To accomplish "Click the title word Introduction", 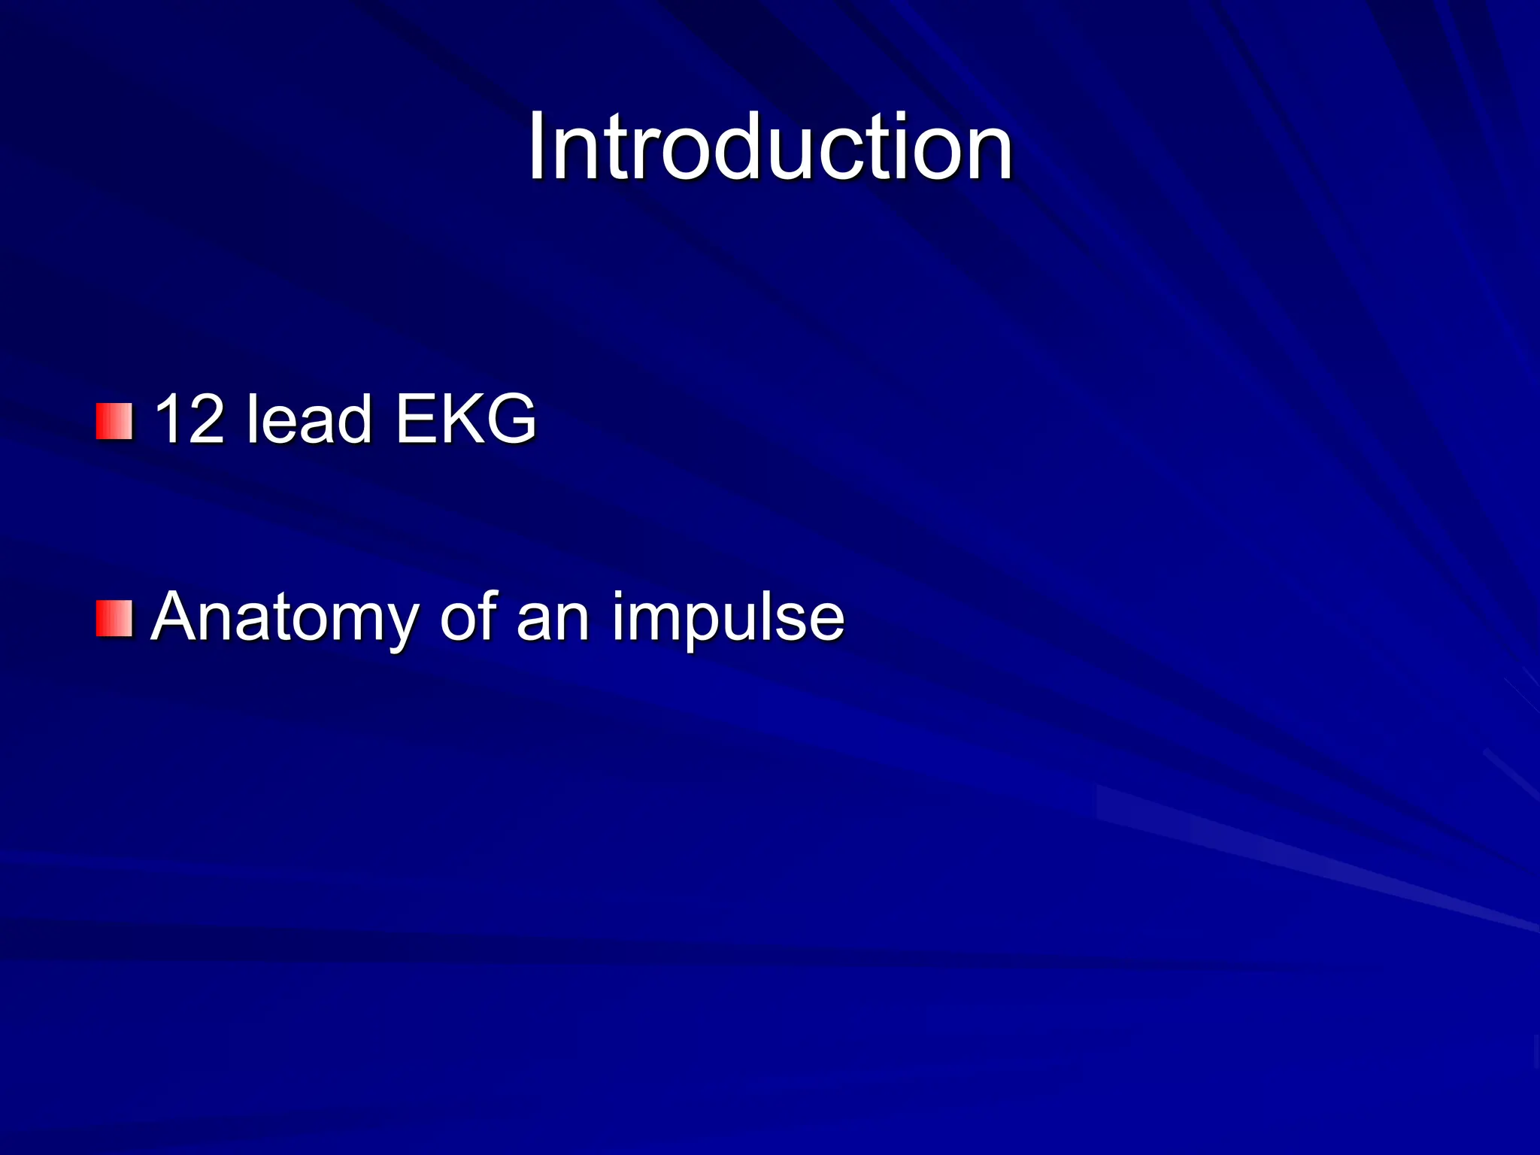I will coord(770,147).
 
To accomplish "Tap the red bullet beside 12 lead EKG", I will coord(114,421).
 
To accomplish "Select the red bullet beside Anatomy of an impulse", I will coord(114,618).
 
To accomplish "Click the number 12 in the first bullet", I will coord(188,420).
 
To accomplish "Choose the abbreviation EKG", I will coord(465,420).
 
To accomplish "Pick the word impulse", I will coord(728,618).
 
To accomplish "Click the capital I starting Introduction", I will coord(536,147).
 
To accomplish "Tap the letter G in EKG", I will coord(512,420).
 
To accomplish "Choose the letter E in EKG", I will coord(417,420).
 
